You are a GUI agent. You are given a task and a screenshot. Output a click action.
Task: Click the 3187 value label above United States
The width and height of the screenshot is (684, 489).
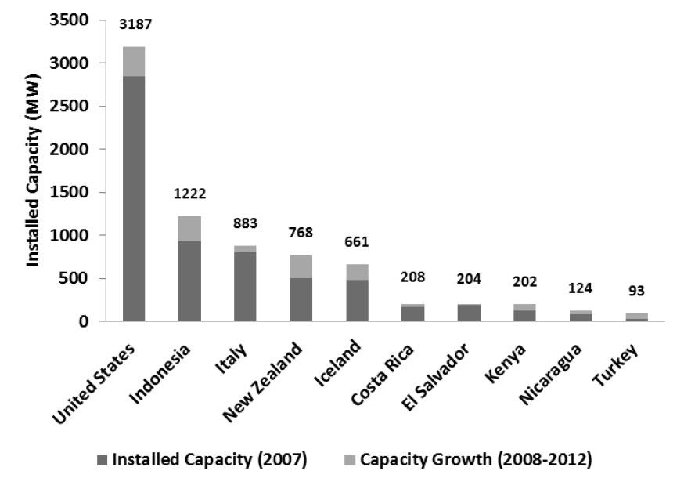(135, 24)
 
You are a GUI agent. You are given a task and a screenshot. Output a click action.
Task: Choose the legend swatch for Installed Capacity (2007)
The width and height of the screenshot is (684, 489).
(103, 460)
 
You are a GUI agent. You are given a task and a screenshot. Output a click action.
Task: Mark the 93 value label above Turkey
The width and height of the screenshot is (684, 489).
(636, 292)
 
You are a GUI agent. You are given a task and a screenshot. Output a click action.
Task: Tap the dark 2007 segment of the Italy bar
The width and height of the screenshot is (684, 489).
(246, 286)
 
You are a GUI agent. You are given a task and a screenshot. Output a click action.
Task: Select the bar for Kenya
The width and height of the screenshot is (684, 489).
(525, 313)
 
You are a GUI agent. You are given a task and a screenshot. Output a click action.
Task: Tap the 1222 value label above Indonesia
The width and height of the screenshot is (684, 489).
(190, 193)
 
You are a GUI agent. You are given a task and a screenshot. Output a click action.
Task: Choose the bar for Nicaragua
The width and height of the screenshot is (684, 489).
(581, 316)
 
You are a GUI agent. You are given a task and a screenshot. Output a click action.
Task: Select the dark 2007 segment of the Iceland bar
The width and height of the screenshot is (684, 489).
(358, 300)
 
